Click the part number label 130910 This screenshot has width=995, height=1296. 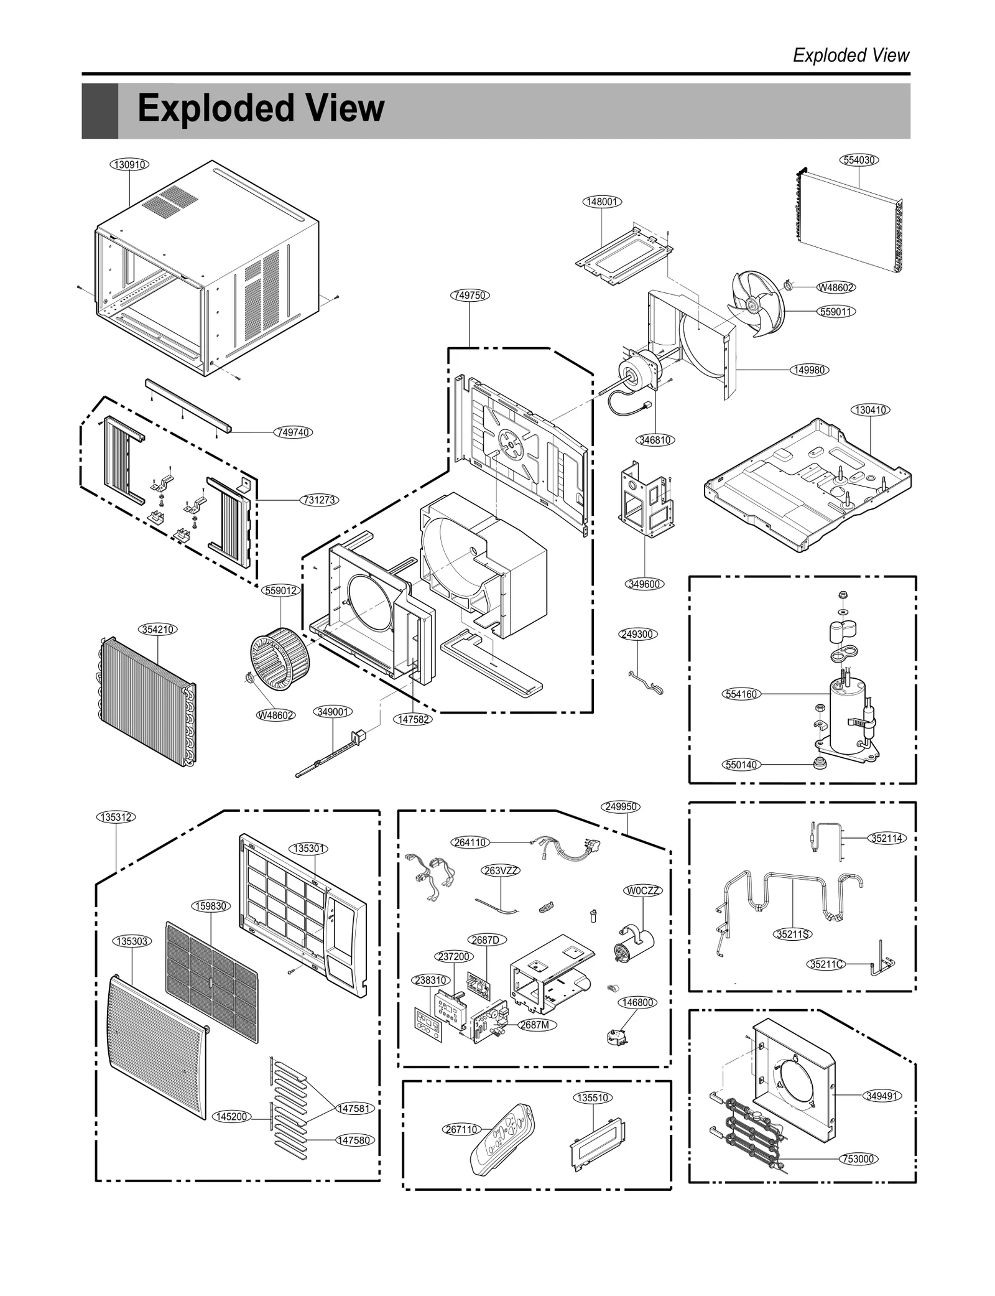130,164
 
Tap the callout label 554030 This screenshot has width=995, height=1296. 859,160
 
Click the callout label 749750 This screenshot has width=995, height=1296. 470,295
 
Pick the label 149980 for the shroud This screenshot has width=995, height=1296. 810,370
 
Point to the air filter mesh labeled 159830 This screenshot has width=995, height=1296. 211,981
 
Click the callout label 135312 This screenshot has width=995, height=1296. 116,817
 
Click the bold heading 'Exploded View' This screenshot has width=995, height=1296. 261,109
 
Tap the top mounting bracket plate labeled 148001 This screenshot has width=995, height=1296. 622,255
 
